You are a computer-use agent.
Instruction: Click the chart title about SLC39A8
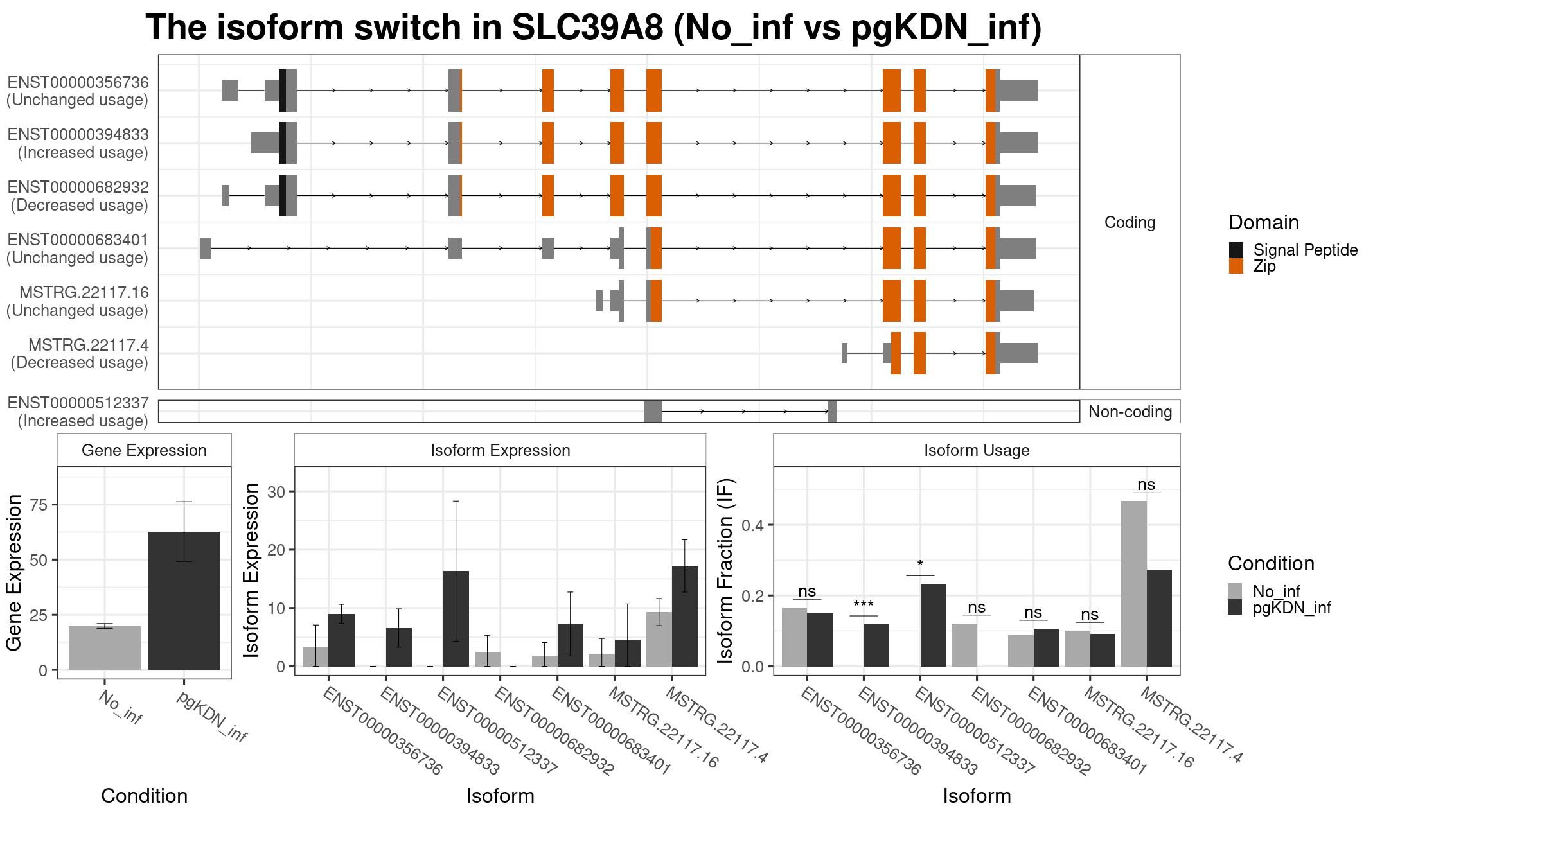(x=594, y=28)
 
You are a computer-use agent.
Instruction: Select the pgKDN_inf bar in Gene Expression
(x=184, y=600)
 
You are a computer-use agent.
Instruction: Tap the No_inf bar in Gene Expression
(x=105, y=648)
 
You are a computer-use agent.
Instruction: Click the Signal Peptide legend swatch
(x=1236, y=250)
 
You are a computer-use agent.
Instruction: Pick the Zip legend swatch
(x=1236, y=266)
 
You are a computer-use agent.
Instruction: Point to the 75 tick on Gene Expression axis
(x=39, y=505)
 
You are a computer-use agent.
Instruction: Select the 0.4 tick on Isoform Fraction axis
(x=752, y=525)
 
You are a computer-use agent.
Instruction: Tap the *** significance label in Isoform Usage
(x=864, y=605)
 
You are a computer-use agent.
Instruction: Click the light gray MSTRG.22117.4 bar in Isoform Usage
(x=1133, y=584)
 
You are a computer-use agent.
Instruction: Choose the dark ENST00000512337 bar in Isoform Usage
(x=933, y=625)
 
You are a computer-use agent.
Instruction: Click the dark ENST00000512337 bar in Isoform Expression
(x=456, y=618)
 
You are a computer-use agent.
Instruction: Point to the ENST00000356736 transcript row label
(x=78, y=91)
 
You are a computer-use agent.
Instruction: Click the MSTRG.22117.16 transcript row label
(x=78, y=301)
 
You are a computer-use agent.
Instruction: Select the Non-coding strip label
(x=1130, y=412)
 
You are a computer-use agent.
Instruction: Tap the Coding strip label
(x=1130, y=222)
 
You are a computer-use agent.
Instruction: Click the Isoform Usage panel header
(x=977, y=450)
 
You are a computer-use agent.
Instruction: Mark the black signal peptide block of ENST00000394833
(x=283, y=143)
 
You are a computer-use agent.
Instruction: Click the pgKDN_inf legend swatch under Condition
(x=1235, y=608)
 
